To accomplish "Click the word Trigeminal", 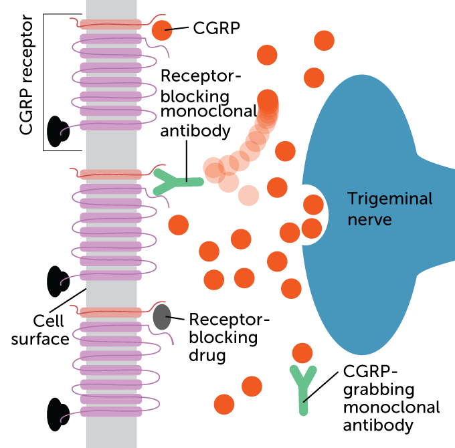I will tap(389, 199).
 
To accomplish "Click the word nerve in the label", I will tap(369, 219).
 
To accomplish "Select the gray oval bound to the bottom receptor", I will tap(161, 317).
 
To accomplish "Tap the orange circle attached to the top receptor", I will tap(161, 30).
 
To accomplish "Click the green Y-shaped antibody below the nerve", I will tap(303, 387).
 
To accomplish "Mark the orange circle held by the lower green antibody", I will tap(302, 353).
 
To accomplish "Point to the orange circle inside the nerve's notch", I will tap(313, 205).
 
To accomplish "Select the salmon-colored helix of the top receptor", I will tap(111, 24).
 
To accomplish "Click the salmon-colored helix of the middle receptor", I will tap(111, 175).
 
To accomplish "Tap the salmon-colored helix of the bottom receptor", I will tap(111, 312).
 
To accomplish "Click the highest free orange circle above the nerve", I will tap(324, 40).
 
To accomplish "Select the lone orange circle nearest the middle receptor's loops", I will tap(178, 225).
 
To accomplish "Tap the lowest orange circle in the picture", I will tap(224, 404).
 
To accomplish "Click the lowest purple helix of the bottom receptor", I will tap(111, 412).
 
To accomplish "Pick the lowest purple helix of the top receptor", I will tap(111, 125).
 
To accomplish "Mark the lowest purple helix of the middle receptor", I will tap(111, 275).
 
